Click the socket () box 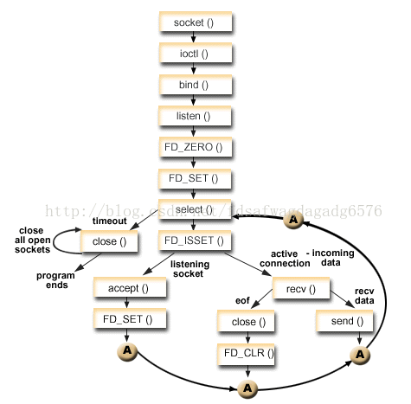click(195, 22)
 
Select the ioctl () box click(195, 54)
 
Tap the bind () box click(195, 85)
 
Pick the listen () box click(195, 116)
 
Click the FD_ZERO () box click(195, 147)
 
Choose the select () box click(195, 209)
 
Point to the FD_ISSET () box click(195, 240)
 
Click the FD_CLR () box click(245, 352)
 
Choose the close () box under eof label click(245, 321)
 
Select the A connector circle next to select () click(294, 221)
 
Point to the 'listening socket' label click(189, 269)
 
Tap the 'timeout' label click(110, 221)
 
